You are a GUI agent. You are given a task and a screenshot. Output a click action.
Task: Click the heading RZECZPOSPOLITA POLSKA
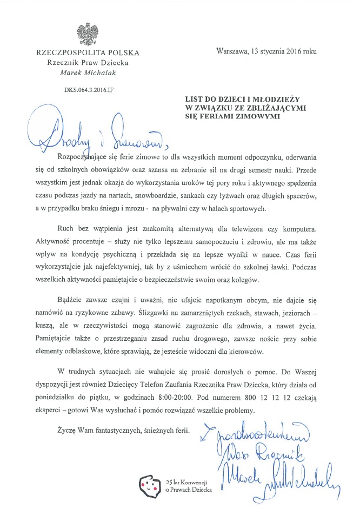tap(87, 53)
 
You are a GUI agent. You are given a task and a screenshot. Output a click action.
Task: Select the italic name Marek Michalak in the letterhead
tap(87, 72)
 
